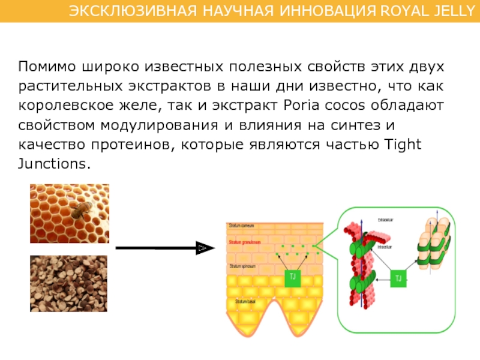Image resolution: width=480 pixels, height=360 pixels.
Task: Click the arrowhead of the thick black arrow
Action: [x=204, y=247]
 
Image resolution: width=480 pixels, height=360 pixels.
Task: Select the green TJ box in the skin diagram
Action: [x=293, y=277]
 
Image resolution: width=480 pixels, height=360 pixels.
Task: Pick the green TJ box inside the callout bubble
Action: [x=399, y=277]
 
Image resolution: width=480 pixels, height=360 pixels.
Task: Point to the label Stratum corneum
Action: [x=242, y=226]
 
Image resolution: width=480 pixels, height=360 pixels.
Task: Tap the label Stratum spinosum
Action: [x=242, y=265]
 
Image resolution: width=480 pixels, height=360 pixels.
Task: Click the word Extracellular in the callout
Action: [x=386, y=220]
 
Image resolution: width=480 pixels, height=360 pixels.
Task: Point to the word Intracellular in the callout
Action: [x=385, y=246]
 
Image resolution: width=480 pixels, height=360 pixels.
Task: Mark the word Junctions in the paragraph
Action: [x=53, y=164]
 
